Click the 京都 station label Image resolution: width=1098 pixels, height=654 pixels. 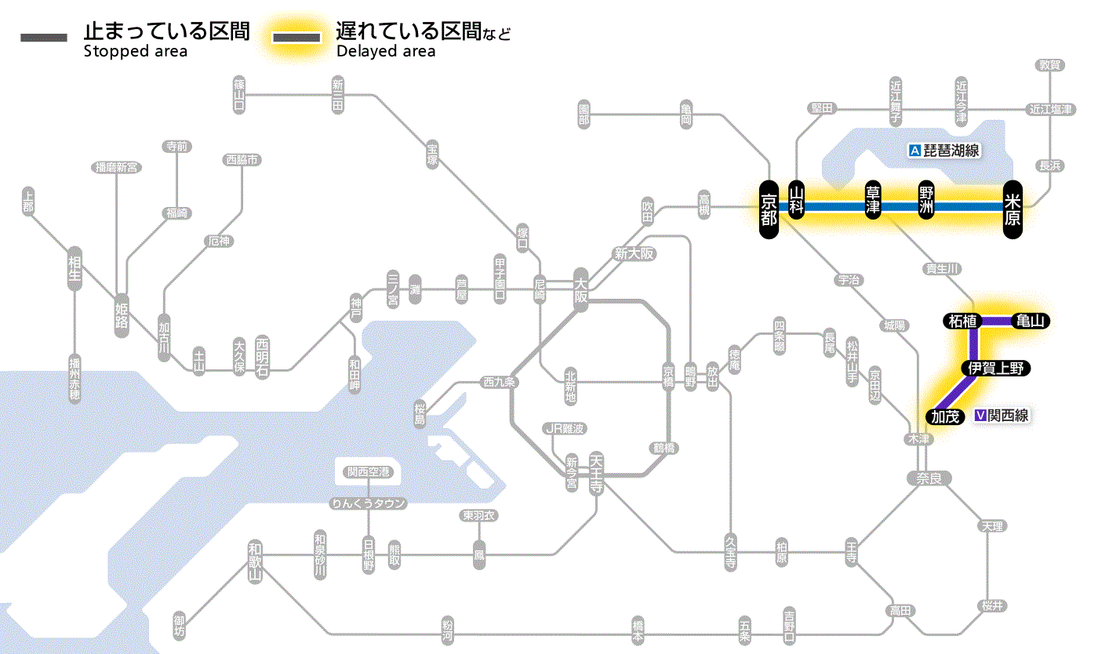[769, 207]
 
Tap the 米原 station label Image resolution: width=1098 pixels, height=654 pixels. [1013, 207]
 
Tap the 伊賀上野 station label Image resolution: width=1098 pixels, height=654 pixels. [996, 369]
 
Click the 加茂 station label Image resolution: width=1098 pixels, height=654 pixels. [946, 416]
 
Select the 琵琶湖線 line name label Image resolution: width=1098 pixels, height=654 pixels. [952, 151]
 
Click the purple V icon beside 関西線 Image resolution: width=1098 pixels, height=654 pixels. [980, 416]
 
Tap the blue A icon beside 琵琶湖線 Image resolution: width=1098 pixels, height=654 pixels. [914, 151]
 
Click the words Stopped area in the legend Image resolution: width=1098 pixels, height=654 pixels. [136, 52]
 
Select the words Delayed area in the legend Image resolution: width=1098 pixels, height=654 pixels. [386, 52]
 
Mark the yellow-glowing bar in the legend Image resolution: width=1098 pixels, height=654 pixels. [296, 38]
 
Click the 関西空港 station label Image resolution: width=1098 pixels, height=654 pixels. [368, 472]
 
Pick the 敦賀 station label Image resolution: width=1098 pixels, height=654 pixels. [1049, 65]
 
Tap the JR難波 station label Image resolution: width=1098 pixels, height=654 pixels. [565, 428]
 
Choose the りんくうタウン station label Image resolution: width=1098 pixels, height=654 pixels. [368, 503]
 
